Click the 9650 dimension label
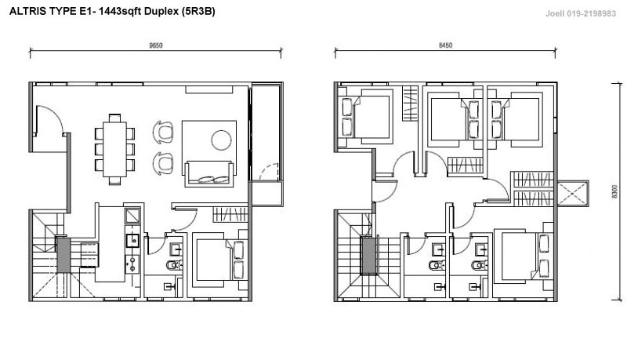pyautogui.click(x=155, y=45)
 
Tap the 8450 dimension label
pyautogui.click(x=445, y=45)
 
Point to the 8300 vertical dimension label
pyautogui.click(x=615, y=192)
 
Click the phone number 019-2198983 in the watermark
pyautogui.click(x=591, y=13)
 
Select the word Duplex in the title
pyautogui.click(x=161, y=12)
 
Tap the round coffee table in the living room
pyautogui.click(x=221, y=140)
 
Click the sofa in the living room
pyautogui.click(x=208, y=173)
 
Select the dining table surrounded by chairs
pyautogui.click(x=114, y=149)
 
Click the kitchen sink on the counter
pyautogui.click(x=132, y=241)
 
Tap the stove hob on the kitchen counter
pyautogui.click(x=132, y=264)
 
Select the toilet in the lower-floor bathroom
pyautogui.click(x=174, y=264)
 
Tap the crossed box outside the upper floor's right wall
pyautogui.click(x=573, y=193)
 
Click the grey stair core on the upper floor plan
pyautogui.click(x=368, y=255)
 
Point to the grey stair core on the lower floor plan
pyautogui.click(x=63, y=256)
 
